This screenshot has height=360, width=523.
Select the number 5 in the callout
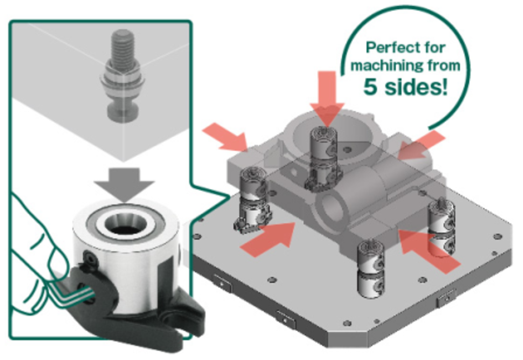tap(371, 86)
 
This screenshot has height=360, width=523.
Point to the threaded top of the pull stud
tap(123, 46)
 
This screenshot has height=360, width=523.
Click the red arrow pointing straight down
tap(327, 99)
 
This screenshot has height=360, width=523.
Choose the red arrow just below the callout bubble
tap(421, 146)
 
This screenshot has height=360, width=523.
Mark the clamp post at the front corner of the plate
tap(371, 269)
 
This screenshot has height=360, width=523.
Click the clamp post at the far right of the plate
tap(441, 229)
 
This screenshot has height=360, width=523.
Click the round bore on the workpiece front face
tap(333, 208)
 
